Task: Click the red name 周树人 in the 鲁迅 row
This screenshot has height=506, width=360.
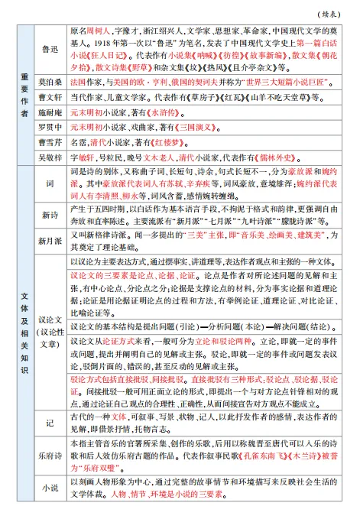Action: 99,32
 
